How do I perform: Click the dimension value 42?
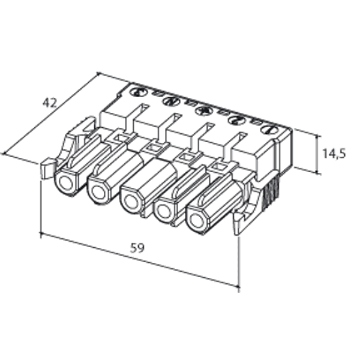click(x=50, y=103)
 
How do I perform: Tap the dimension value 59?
click(x=137, y=247)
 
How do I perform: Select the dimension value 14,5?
click(x=334, y=153)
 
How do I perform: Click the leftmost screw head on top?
click(x=139, y=92)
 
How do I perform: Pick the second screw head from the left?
click(x=172, y=101)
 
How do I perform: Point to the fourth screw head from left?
click(x=236, y=119)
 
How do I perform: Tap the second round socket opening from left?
click(x=97, y=192)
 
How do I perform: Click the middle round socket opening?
click(x=130, y=202)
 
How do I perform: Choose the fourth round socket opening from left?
click(x=163, y=211)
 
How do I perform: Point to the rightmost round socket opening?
click(x=196, y=220)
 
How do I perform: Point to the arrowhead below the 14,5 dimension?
click(x=317, y=172)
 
